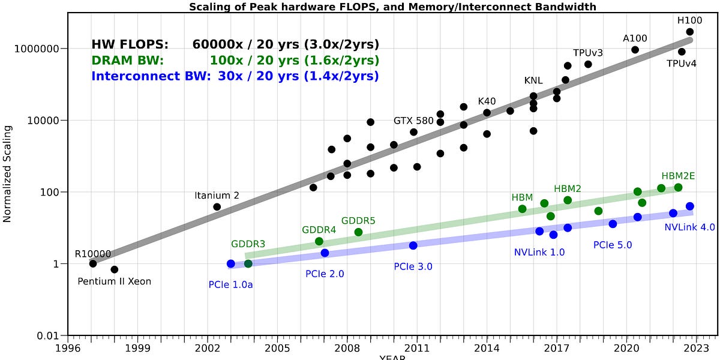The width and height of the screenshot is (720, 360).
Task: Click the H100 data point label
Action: [689, 20]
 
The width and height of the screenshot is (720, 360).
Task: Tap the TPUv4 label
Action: [682, 64]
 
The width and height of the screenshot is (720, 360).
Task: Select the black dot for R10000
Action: [93, 263]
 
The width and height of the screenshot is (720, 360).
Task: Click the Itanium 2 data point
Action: [217, 207]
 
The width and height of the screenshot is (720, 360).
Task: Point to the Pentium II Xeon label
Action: [115, 281]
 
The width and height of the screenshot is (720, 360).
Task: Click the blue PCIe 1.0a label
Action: [231, 284]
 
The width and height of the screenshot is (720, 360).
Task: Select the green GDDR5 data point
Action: [358, 232]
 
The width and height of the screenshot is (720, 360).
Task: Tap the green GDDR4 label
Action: [319, 230]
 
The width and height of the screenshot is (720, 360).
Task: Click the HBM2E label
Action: [678, 176]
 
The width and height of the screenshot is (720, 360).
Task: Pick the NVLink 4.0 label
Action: [690, 227]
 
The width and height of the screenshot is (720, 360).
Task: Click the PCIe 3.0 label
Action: [413, 266]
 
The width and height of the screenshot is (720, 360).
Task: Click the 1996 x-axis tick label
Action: [68, 347]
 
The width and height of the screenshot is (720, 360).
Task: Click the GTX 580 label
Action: [413, 121]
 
